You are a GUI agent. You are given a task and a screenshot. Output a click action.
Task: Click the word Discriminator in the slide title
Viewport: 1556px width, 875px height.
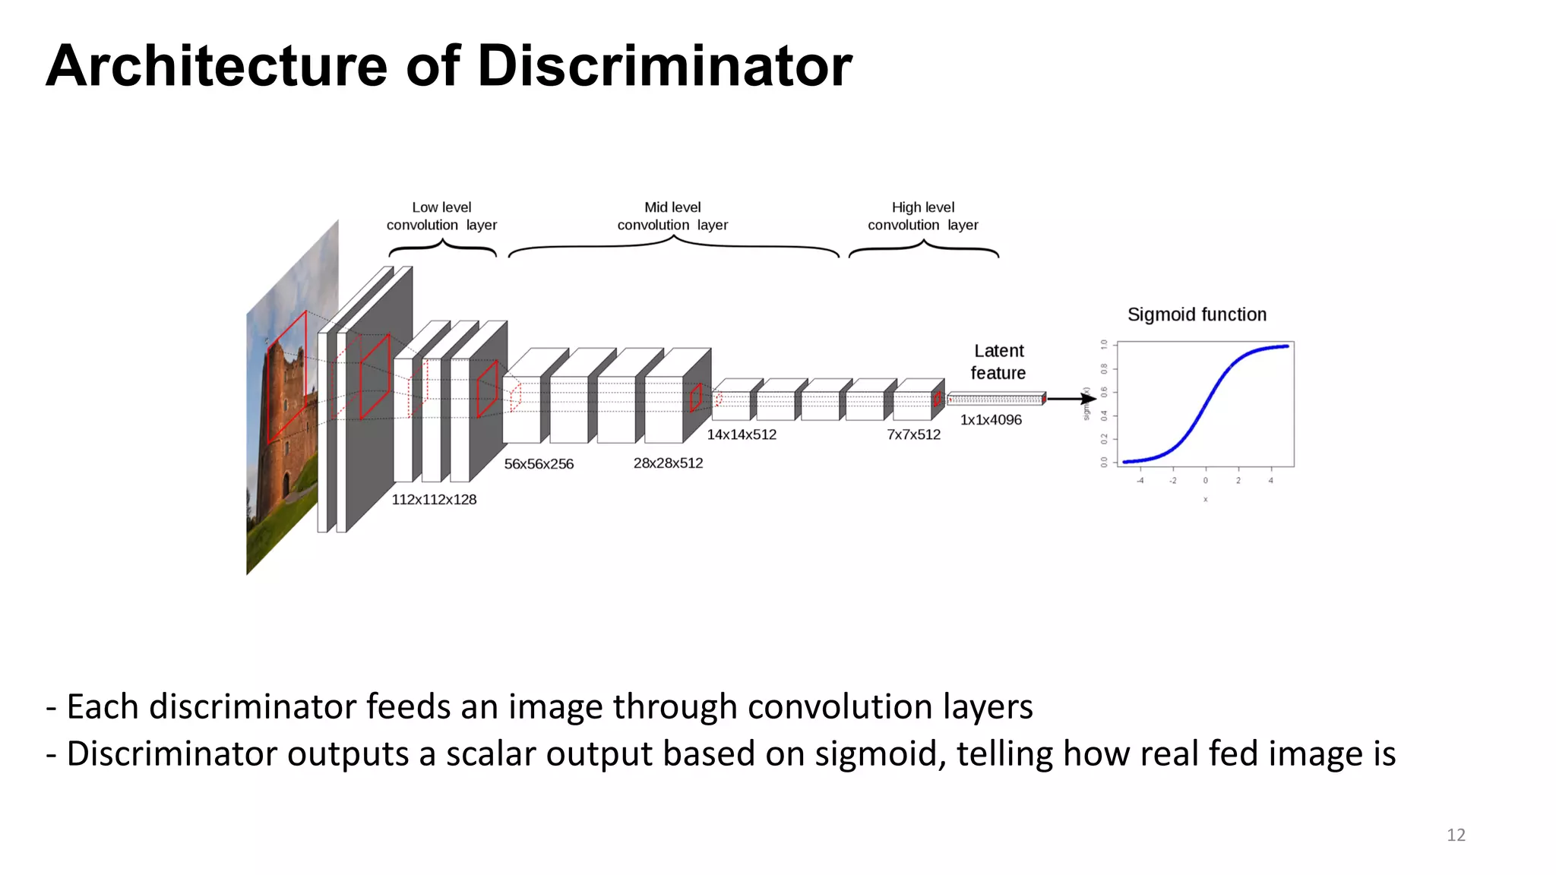(x=664, y=66)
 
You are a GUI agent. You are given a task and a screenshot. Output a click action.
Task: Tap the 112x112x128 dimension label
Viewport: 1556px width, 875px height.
(x=434, y=500)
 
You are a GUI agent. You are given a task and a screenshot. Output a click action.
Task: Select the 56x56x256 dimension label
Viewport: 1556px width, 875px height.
(x=539, y=464)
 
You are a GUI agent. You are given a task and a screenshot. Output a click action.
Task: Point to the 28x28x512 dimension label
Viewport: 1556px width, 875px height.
(x=668, y=463)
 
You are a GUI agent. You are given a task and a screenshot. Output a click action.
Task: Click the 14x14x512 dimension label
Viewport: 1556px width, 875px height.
(x=742, y=434)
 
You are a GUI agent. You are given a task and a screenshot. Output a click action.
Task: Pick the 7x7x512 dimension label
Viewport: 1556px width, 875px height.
(x=913, y=434)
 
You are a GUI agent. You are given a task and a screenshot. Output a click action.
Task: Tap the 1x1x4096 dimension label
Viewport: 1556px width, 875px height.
(x=991, y=420)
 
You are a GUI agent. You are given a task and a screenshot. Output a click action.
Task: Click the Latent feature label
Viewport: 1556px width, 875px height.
(x=998, y=362)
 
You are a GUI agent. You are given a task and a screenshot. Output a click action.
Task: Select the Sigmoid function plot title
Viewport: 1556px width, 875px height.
(x=1197, y=314)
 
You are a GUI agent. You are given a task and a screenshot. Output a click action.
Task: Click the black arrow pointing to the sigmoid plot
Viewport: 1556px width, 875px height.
(x=1070, y=399)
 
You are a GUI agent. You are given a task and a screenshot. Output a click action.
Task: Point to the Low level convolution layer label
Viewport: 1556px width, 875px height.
(x=441, y=216)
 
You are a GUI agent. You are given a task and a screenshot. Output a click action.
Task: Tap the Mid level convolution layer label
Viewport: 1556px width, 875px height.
(x=672, y=216)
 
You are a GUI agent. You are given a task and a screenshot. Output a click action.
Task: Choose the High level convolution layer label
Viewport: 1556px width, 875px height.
(x=923, y=216)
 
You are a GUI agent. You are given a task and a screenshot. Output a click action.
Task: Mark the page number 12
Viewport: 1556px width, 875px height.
(x=1456, y=835)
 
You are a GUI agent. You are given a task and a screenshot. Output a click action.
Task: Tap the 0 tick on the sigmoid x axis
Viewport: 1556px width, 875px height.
(x=1205, y=480)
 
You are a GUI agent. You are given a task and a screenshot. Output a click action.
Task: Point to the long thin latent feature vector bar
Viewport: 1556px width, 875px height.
(x=996, y=399)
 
